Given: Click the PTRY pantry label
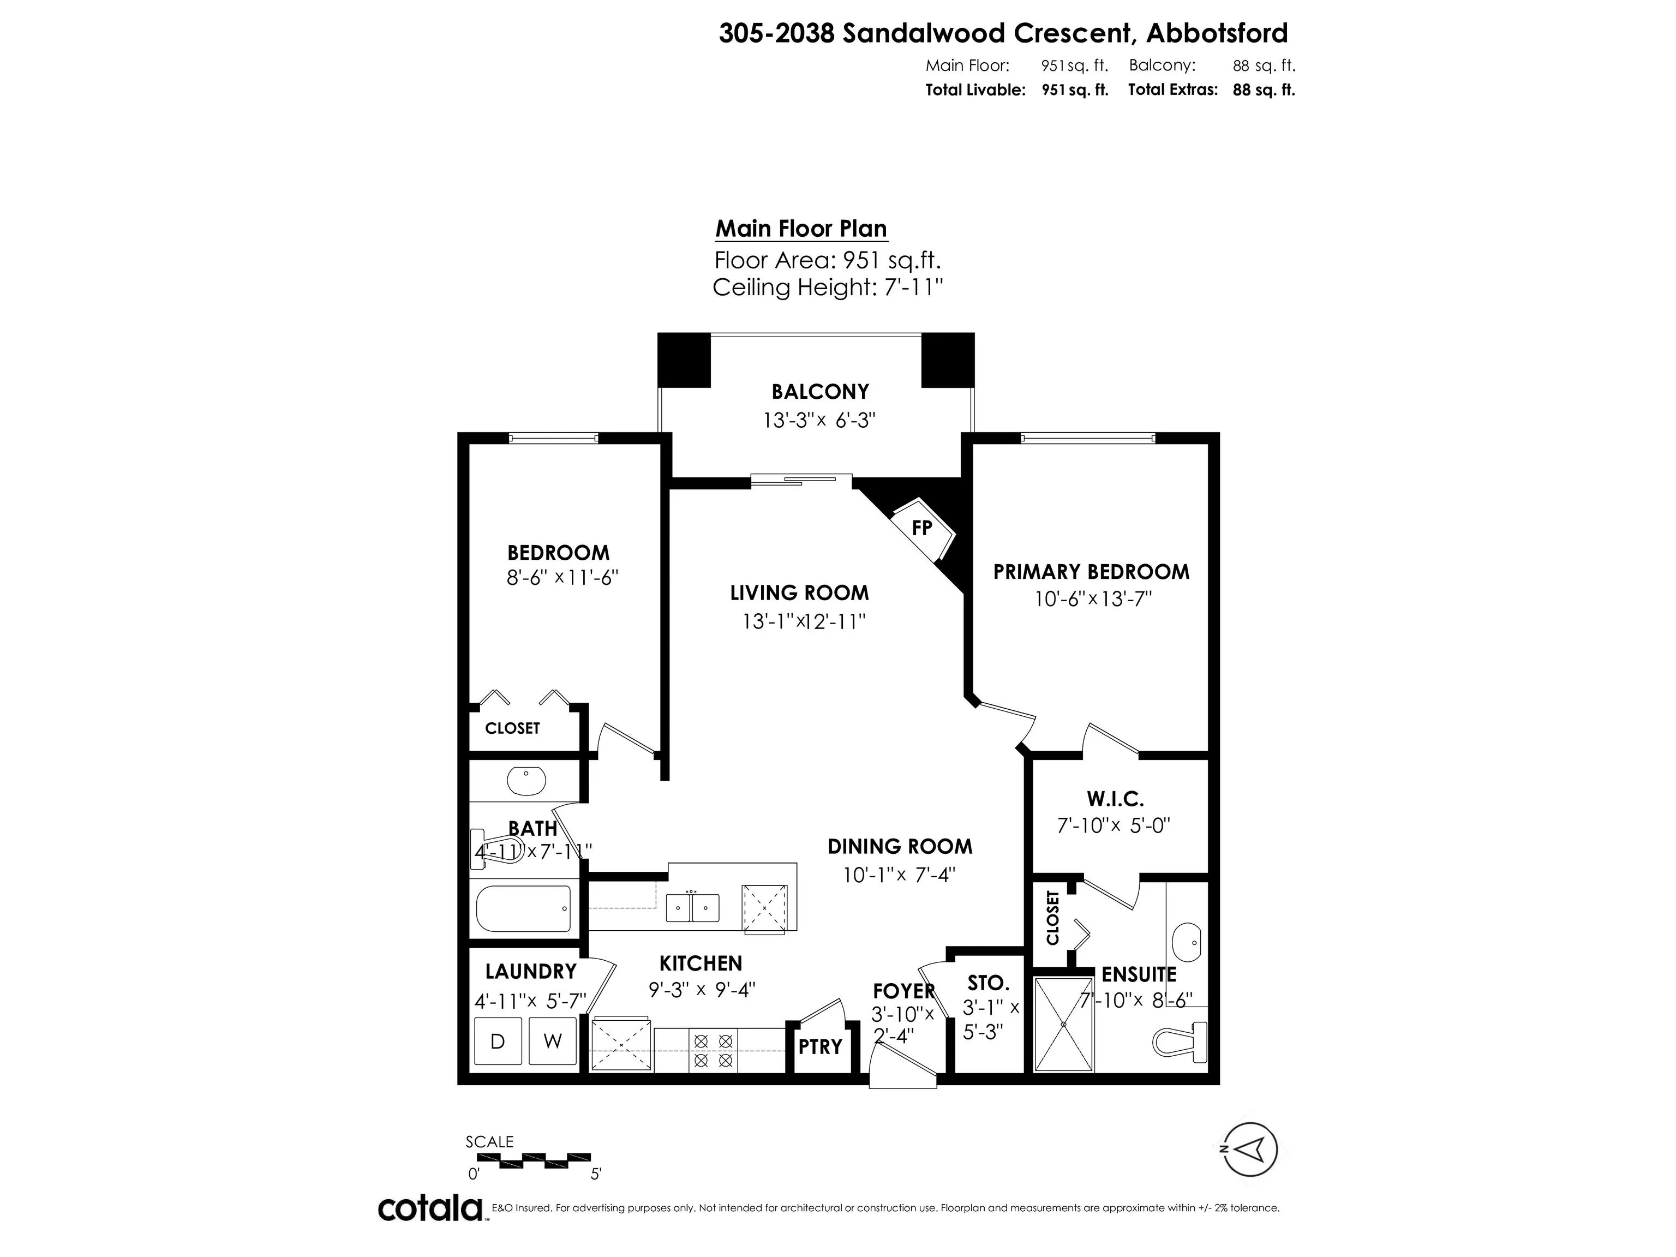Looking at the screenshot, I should click(820, 1046).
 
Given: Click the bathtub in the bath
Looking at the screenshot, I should click(523, 908).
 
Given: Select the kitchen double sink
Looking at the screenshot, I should click(692, 907).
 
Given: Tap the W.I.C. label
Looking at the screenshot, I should click(1115, 799).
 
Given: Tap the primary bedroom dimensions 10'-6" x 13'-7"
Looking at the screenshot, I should click(1093, 598).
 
